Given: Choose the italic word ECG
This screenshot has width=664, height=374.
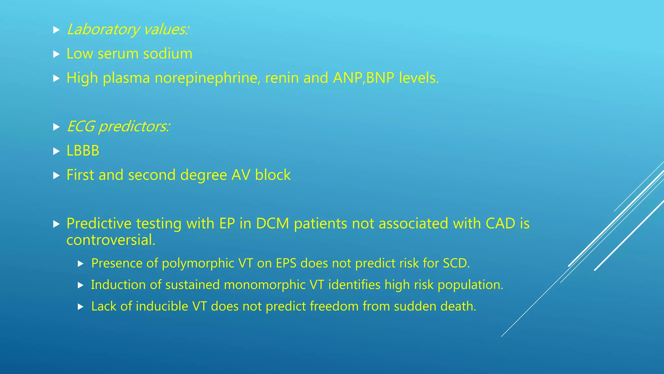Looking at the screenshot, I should (80, 126).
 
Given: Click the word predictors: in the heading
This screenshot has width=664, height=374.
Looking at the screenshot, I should (134, 127).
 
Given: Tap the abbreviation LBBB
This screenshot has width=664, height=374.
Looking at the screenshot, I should (83, 151).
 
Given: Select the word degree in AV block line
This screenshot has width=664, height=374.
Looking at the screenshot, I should (204, 175).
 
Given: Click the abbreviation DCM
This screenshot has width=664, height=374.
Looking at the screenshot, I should (272, 223).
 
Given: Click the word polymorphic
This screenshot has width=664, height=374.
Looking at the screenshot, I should (198, 263).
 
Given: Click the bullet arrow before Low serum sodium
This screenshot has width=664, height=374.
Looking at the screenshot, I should (56, 54).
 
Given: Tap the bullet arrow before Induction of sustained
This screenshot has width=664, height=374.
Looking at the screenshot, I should (81, 285).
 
